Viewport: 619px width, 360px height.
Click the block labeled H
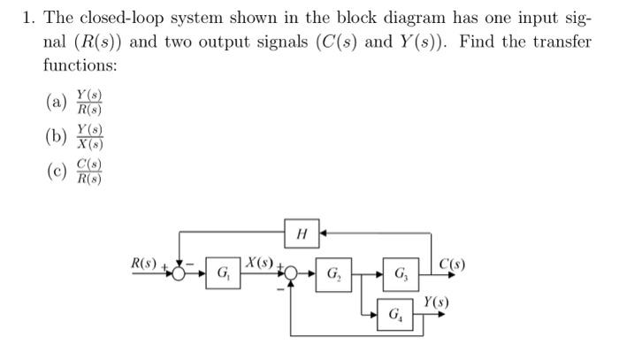pyautogui.click(x=302, y=234)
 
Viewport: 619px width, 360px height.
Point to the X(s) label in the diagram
pyautogui.click(x=261, y=262)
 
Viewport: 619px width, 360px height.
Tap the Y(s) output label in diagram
pyautogui.click(x=435, y=303)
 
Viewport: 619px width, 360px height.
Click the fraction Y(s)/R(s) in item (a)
pyautogui.click(x=88, y=102)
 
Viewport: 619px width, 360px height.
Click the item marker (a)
pyautogui.click(x=56, y=102)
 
